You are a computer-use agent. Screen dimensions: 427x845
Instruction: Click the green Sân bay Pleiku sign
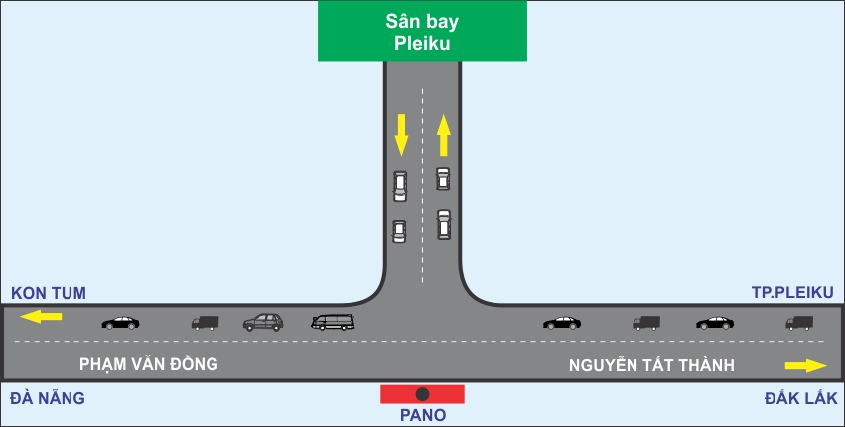coord(421,32)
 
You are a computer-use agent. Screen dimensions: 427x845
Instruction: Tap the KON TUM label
coord(49,293)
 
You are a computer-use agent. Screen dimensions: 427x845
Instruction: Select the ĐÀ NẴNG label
coord(48,398)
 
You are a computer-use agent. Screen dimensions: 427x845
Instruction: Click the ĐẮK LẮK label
coord(802,398)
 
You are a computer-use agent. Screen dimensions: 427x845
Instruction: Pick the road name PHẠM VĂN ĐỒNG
coord(150,365)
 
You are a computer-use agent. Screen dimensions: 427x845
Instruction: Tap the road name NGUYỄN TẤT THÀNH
coord(651,366)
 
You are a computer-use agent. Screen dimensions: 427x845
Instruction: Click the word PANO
coord(423,415)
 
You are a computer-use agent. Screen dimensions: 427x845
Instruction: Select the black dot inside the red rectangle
coord(422,394)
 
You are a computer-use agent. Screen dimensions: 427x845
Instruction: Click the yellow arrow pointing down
coord(401,134)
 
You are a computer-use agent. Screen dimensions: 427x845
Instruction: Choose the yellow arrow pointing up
coord(444,135)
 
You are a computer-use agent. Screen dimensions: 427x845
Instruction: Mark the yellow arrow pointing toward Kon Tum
coord(42,317)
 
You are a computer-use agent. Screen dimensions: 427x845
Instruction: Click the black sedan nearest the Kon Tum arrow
coord(120,322)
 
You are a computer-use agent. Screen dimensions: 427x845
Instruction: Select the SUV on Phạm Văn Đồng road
coord(263,322)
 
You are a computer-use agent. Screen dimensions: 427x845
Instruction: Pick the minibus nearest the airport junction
coord(333,322)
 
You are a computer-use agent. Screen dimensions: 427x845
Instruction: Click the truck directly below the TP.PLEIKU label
coord(799,322)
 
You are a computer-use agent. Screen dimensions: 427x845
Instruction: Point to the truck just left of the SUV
coord(205,322)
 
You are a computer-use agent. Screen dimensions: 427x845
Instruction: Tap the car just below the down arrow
coord(400,186)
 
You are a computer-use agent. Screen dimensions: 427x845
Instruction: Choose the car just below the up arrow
coord(443,179)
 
